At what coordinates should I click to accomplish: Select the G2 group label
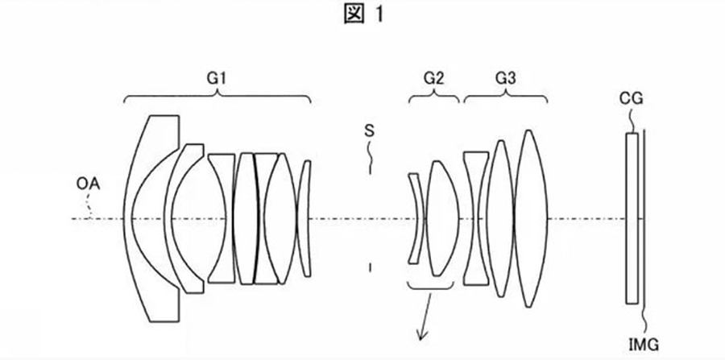point(433,78)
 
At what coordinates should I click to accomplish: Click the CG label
point(631,100)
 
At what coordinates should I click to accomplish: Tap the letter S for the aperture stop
point(368,129)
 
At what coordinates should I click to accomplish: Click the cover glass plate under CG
point(632,217)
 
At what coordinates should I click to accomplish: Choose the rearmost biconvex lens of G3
point(528,217)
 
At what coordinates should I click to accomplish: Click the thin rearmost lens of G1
point(304,217)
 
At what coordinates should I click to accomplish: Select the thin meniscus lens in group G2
point(416,217)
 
